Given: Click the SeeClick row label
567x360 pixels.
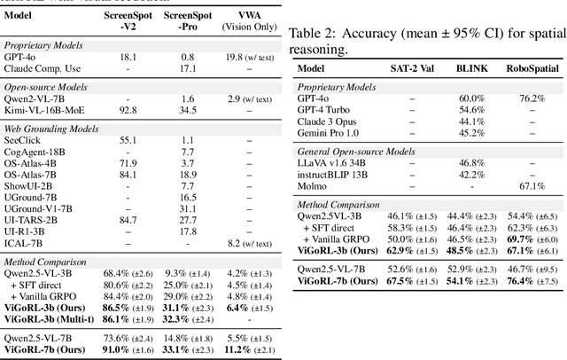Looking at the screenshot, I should coord(24,141).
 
